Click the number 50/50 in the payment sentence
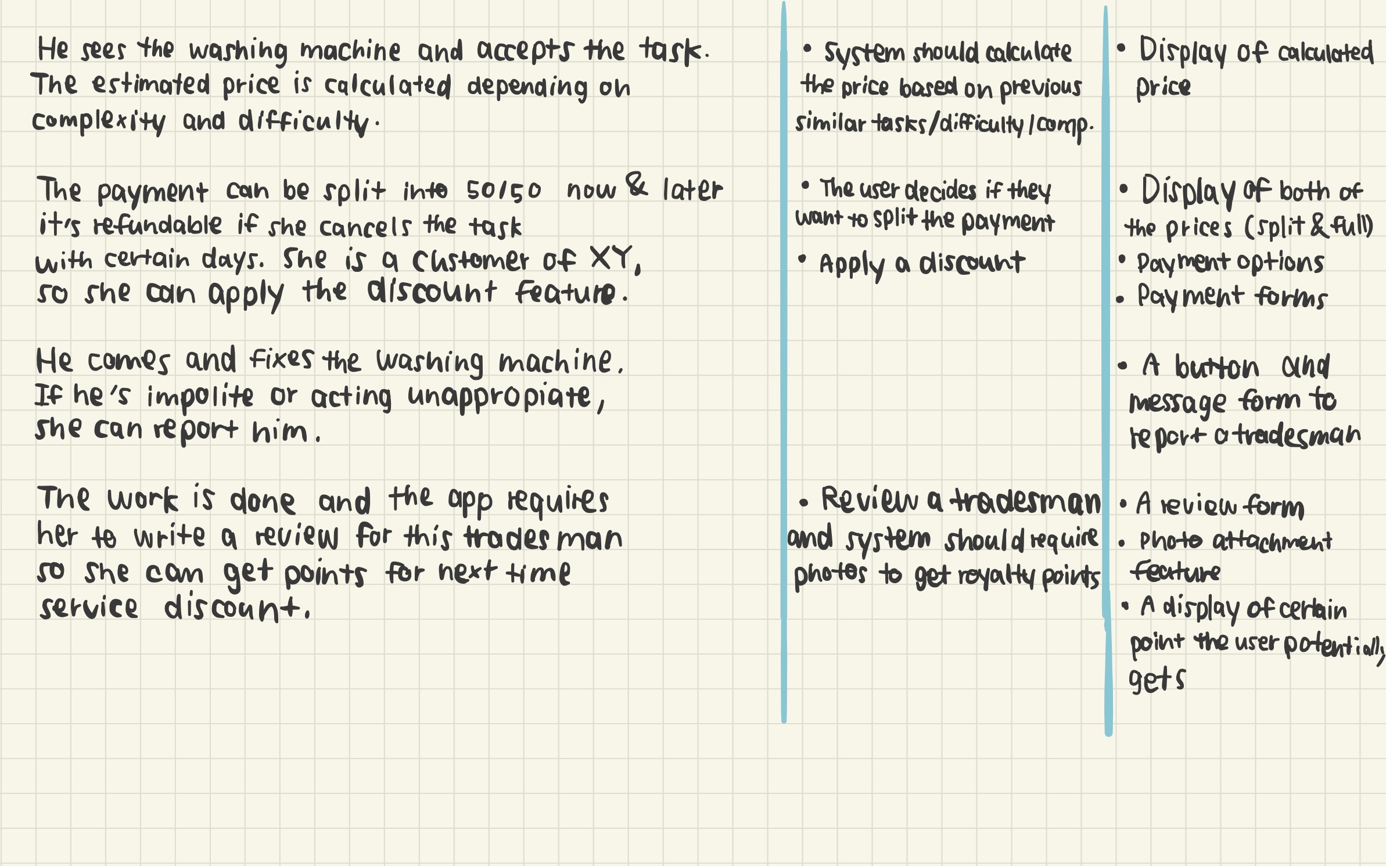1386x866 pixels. pos(504,191)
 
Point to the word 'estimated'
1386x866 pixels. pos(151,85)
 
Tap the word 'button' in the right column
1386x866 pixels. pos(1216,367)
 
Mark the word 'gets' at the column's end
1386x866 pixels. pos(1156,680)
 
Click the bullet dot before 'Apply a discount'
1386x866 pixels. pos(802,259)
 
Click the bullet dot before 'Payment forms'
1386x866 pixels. pos(1120,300)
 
